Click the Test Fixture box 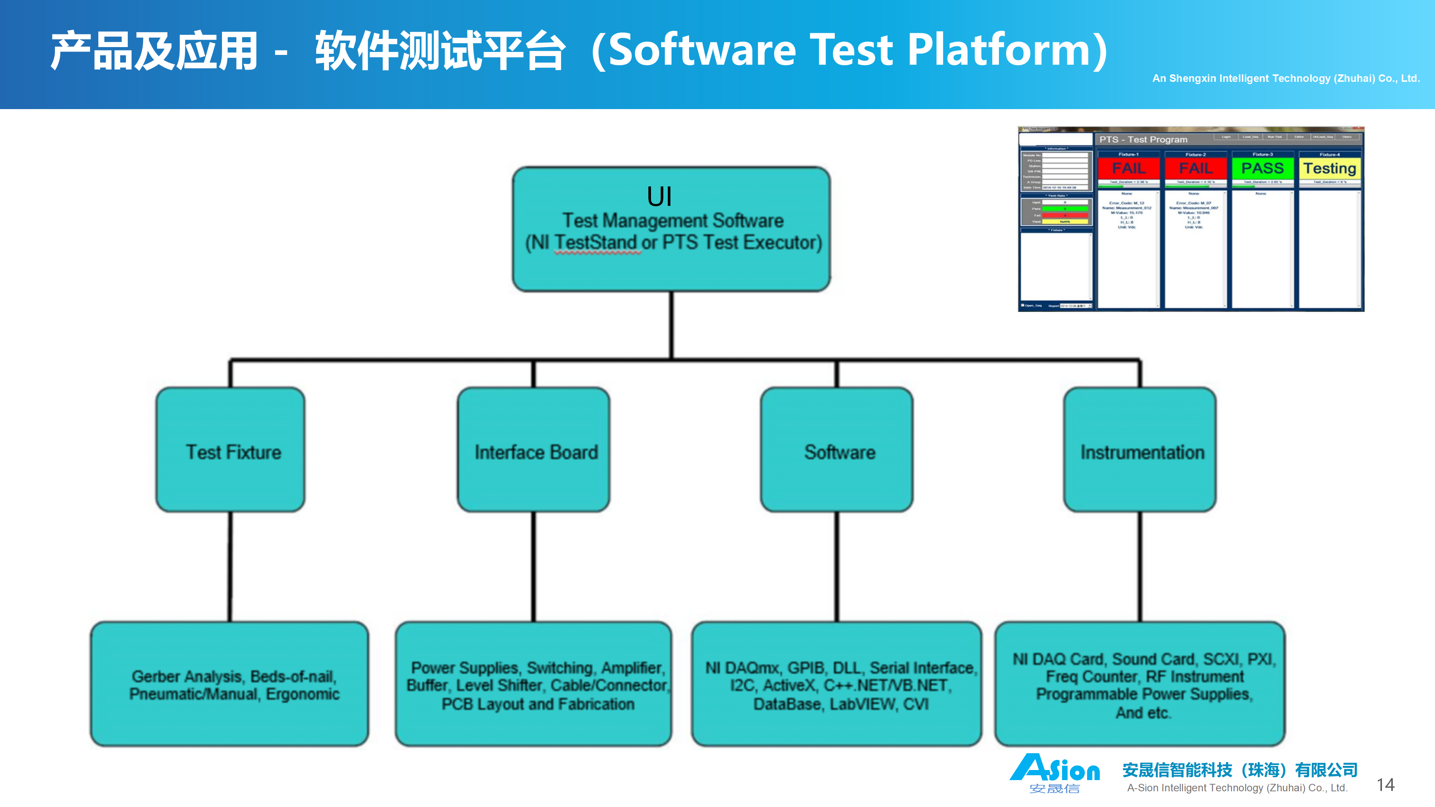pyautogui.click(x=231, y=450)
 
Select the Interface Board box pyautogui.click(x=534, y=450)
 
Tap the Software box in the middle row pyautogui.click(x=837, y=450)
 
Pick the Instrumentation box pyautogui.click(x=1140, y=450)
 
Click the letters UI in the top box pyautogui.click(x=659, y=197)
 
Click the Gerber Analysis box pyautogui.click(x=229, y=684)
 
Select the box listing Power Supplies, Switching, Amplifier pyautogui.click(x=534, y=684)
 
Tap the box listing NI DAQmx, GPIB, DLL pyautogui.click(x=837, y=684)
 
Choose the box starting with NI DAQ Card pyautogui.click(x=1140, y=684)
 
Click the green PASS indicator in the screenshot pyautogui.click(x=1262, y=168)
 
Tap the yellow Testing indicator pyautogui.click(x=1329, y=168)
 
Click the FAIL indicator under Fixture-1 pyautogui.click(x=1129, y=168)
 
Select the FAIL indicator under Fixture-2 pyautogui.click(x=1195, y=168)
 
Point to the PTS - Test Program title pyautogui.click(x=1143, y=139)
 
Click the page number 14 pyautogui.click(x=1385, y=785)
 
